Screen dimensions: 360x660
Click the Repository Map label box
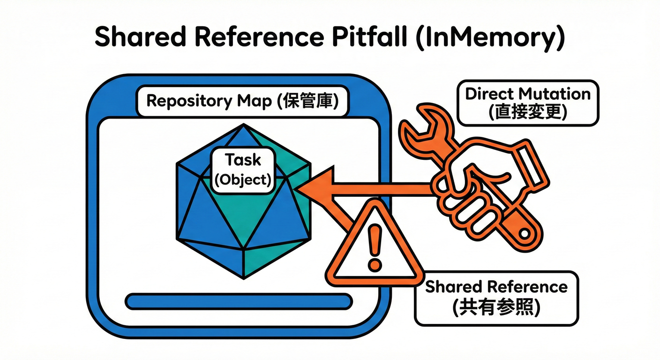tap(242, 101)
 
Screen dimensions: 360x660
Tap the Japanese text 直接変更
tap(528, 112)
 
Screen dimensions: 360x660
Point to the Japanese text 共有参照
tap(496, 308)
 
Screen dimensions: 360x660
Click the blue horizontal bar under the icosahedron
tap(239, 301)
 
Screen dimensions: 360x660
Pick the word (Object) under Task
tap(242, 180)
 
